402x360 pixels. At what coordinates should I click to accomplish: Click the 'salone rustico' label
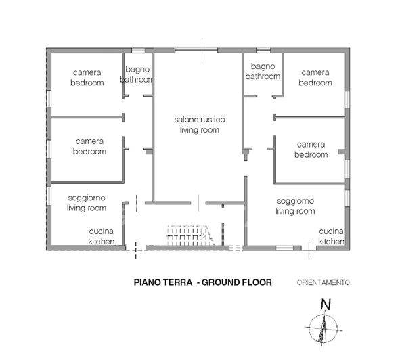pos(198,119)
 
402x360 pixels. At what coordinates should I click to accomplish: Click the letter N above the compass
pos(326,305)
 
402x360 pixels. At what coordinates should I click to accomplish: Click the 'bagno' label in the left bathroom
pos(137,68)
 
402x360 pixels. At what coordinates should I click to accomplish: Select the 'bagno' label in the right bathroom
pos(262,66)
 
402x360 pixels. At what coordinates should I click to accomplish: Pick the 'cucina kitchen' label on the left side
pos(104,236)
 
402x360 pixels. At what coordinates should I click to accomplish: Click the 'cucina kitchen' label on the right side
pos(332,235)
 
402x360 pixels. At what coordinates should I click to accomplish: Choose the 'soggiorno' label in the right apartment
pos(295,202)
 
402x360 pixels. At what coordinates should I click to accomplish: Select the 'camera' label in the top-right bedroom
pos(315,72)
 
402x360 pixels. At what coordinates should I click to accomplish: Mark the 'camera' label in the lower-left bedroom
pos(89,141)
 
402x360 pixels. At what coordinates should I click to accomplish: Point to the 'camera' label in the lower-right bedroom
pos(311,145)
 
